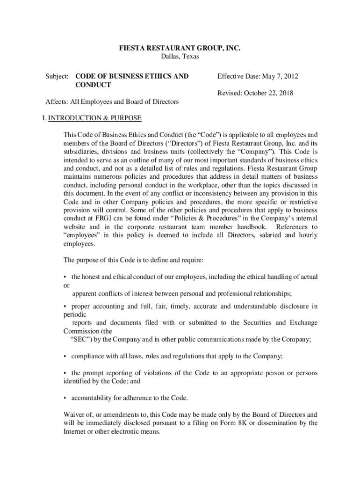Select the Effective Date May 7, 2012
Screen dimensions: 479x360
coord(258,76)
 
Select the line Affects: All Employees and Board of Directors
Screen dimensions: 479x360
coord(112,102)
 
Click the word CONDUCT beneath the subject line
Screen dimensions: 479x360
coord(93,85)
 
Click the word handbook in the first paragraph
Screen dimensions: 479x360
coord(248,227)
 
